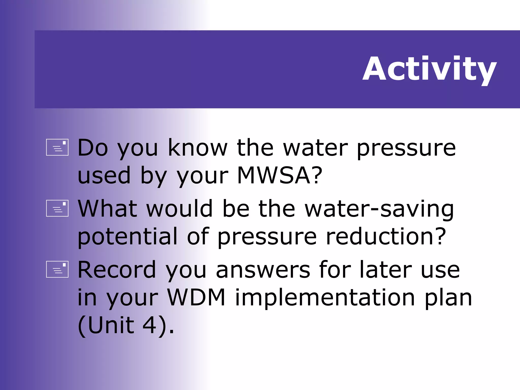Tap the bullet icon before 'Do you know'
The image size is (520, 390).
pyautogui.click(x=57, y=147)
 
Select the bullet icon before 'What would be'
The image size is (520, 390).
pyautogui.click(x=57, y=208)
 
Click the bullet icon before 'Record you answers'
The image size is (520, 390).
pyautogui.click(x=57, y=269)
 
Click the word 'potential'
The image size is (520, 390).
pyautogui.click(x=127, y=237)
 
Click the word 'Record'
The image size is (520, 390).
pyautogui.click(x=117, y=270)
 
